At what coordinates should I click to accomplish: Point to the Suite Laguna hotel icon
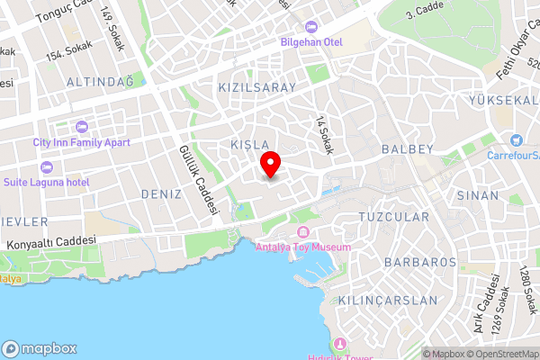tap(46, 167)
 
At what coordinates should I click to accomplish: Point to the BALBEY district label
tap(408, 148)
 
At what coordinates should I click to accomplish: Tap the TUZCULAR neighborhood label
tap(393, 217)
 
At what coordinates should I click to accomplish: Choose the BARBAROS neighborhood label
tap(420, 262)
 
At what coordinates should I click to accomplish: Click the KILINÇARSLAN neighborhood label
tap(388, 300)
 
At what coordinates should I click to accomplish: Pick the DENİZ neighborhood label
tap(162, 193)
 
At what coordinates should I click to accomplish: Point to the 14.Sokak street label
tap(324, 135)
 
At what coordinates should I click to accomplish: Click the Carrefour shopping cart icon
tap(516, 139)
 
